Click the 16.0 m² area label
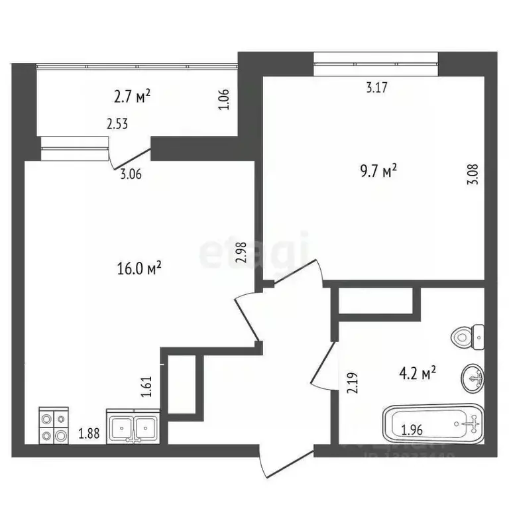click(x=139, y=268)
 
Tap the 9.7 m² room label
click(x=378, y=172)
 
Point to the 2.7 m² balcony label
click(x=132, y=98)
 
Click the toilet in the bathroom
click(x=469, y=338)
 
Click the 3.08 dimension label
click(x=472, y=174)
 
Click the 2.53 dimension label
click(x=117, y=123)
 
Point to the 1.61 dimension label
click(x=147, y=386)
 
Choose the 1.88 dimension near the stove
click(x=89, y=435)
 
